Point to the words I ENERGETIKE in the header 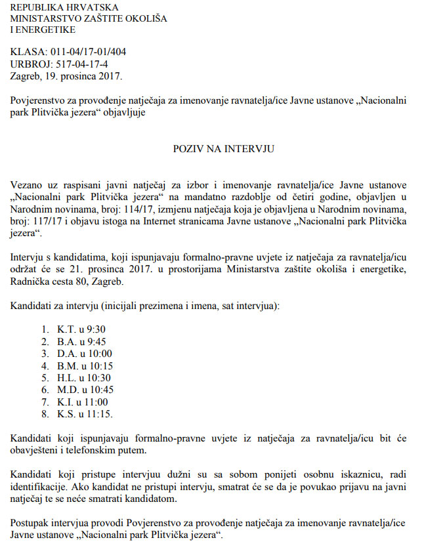coord(43,30)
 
